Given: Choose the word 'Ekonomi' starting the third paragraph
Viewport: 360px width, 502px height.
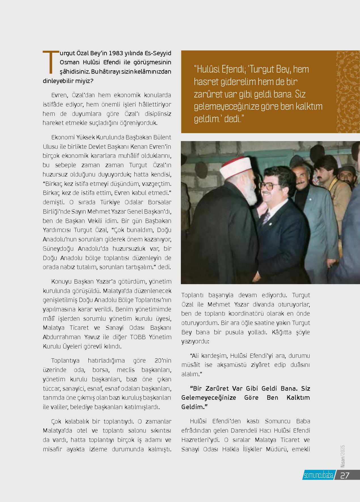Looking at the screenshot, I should click(62, 137).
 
